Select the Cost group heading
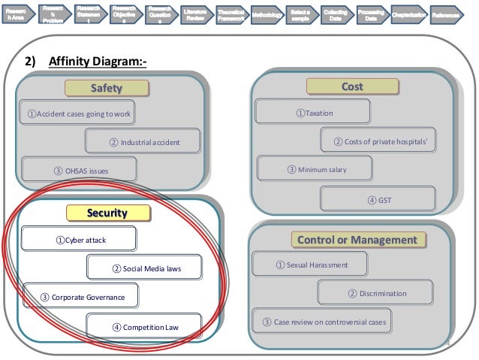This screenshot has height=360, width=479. [x=352, y=87]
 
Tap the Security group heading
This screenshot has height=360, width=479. [x=107, y=213]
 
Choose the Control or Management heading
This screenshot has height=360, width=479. [x=357, y=240]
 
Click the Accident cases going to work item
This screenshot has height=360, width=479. [x=79, y=114]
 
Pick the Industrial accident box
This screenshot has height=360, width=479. [x=144, y=141]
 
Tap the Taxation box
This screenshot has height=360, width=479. [x=313, y=113]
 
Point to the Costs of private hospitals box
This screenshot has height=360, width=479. [x=378, y=141]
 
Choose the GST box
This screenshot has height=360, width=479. [x=378, y=199]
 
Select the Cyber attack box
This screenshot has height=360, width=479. [x=80, y=240]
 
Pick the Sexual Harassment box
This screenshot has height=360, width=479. [x=311, y=265]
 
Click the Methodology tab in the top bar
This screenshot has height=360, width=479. [x=267, y=14]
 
